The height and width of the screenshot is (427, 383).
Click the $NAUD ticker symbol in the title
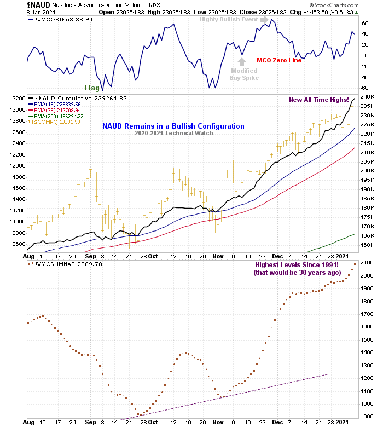tap(39, 4)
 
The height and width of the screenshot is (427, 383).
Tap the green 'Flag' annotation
tap(92, 88)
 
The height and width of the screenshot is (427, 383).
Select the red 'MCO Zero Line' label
tap(279, 60)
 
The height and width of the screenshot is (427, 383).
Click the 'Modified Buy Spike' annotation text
tap(244, 74)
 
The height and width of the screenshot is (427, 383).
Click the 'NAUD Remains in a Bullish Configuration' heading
tap(173, 126)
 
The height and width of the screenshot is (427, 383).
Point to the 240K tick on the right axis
tap(367, 98)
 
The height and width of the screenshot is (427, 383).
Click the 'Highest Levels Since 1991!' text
tap(297, 266)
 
